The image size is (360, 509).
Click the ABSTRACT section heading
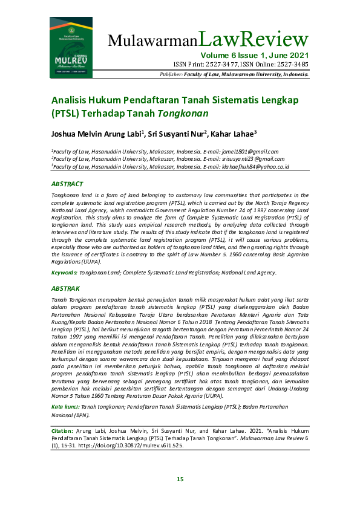[67, 184]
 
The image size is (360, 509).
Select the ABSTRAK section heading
[66, 290]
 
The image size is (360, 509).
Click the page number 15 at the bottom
[180, 479]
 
